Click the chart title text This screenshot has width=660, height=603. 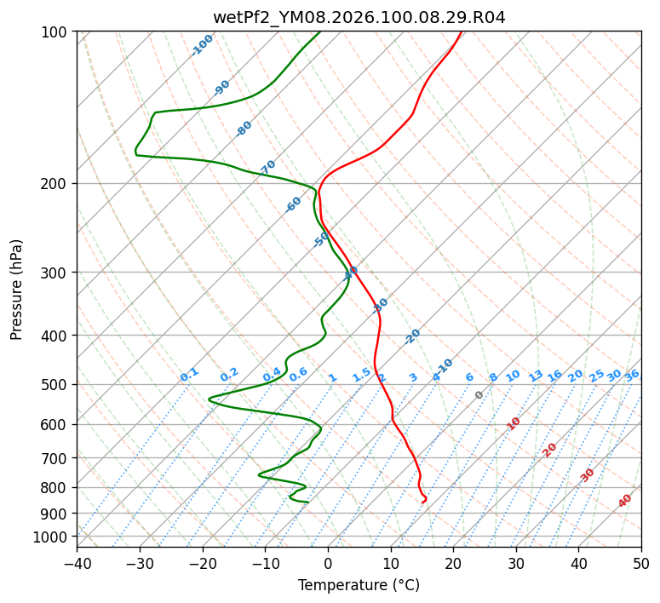coord(359,16)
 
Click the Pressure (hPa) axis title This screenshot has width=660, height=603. coord(17,289)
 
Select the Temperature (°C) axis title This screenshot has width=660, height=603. coord(359,585)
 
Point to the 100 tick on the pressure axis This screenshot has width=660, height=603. coord(56,32)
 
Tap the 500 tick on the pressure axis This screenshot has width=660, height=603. coord(56,384)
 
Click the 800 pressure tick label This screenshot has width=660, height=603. coord(56,488)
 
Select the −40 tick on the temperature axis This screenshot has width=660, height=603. coord(77,563)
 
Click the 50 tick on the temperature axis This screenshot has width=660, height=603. coord(641,563)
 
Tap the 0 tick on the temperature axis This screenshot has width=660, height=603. coord(328,563)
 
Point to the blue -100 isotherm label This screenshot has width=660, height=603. coord(202,45)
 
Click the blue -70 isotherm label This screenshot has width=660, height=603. coord(268,168)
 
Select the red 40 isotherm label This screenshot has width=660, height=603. coord(625,501)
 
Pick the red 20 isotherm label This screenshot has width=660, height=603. coord(550,450)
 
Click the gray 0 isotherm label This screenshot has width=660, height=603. coord(479,395)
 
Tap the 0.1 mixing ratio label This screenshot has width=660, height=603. coord(189,375)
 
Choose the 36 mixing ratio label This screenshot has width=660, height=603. coord(632,375)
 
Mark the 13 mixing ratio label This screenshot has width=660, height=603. coord(536,376)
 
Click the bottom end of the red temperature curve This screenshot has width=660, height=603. coord(422,502)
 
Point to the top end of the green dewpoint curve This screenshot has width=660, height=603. coord(321,32)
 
